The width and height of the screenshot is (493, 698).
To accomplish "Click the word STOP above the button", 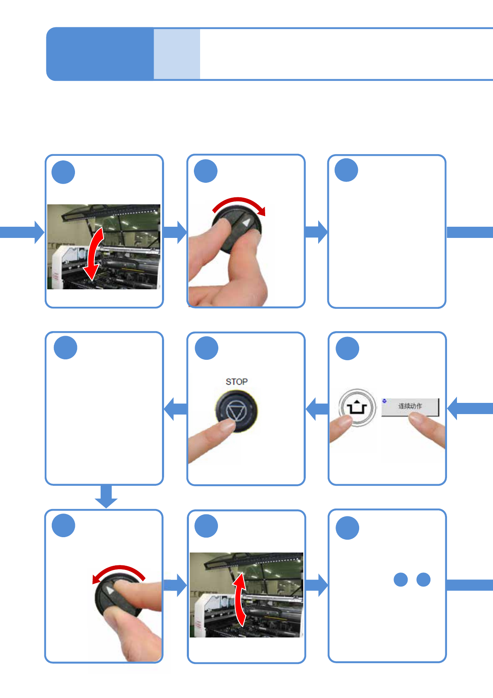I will coord(237,382).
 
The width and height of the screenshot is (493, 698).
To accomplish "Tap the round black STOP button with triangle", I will coord(236,412).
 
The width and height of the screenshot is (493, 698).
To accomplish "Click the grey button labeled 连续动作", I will coord(410,407).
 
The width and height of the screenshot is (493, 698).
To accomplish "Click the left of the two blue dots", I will coord(401,579).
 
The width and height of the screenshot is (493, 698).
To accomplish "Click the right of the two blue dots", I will coord(423,579).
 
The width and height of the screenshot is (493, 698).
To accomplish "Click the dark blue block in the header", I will coord(100,54).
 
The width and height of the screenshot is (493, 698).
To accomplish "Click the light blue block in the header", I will coord(177,54).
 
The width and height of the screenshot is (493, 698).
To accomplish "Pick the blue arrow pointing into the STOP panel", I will coord(317,409).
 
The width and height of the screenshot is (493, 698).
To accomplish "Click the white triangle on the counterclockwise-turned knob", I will coord(109,590).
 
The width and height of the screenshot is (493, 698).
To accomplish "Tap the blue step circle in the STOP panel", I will coord(206,348).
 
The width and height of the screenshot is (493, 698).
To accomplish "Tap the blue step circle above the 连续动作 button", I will coord(347,349).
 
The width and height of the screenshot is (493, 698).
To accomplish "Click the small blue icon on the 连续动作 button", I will coord(384,401).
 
